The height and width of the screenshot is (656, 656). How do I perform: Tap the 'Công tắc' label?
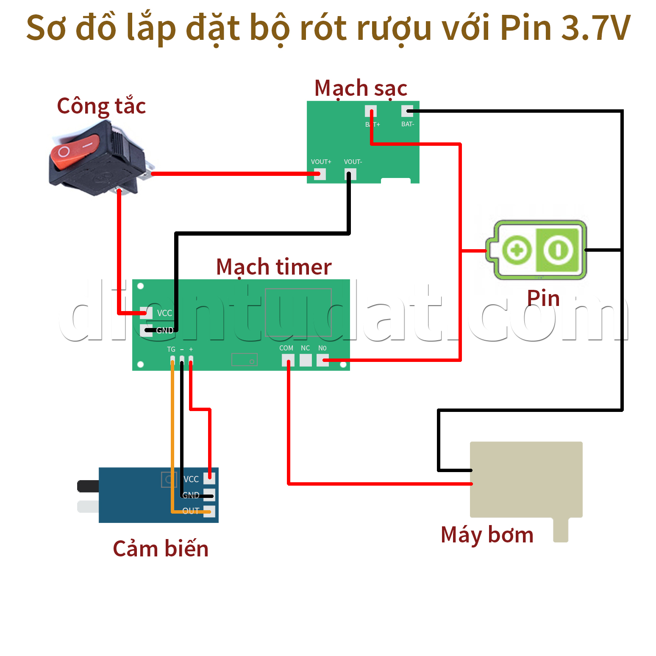(x=101, y=106)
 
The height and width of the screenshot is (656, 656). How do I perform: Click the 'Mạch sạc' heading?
(x=361, y=88)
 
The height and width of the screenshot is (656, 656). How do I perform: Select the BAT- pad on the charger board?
(x=407, y=111)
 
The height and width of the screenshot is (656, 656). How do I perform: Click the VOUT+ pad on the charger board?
(x=320, y=174)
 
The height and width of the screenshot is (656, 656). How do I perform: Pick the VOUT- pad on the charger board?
(x=350, y=174)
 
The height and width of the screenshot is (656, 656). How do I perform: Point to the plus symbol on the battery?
(x=517, y=250)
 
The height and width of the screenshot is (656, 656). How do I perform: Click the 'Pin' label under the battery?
(x=543, y=298)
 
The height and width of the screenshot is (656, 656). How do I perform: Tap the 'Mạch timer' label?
(x=274, y=267)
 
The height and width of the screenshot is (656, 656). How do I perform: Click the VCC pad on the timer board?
(x=146, y=313)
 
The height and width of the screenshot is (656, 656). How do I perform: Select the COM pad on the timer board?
(x=288, y=360)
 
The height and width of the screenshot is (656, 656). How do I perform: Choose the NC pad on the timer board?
(x=306, y=360)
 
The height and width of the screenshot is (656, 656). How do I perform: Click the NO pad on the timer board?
(x=322, y=360)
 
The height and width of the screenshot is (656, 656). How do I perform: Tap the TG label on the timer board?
(x=171, y=349)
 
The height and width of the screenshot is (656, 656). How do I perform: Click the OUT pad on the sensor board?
(x=209, y=511)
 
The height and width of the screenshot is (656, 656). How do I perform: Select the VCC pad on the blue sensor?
(x=209, y=478)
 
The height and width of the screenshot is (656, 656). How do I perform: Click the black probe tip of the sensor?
(x=88, y=486)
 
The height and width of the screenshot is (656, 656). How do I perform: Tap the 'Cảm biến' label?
(x=161, y=549)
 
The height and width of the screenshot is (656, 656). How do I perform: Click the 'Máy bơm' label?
(x=487, y=534)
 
